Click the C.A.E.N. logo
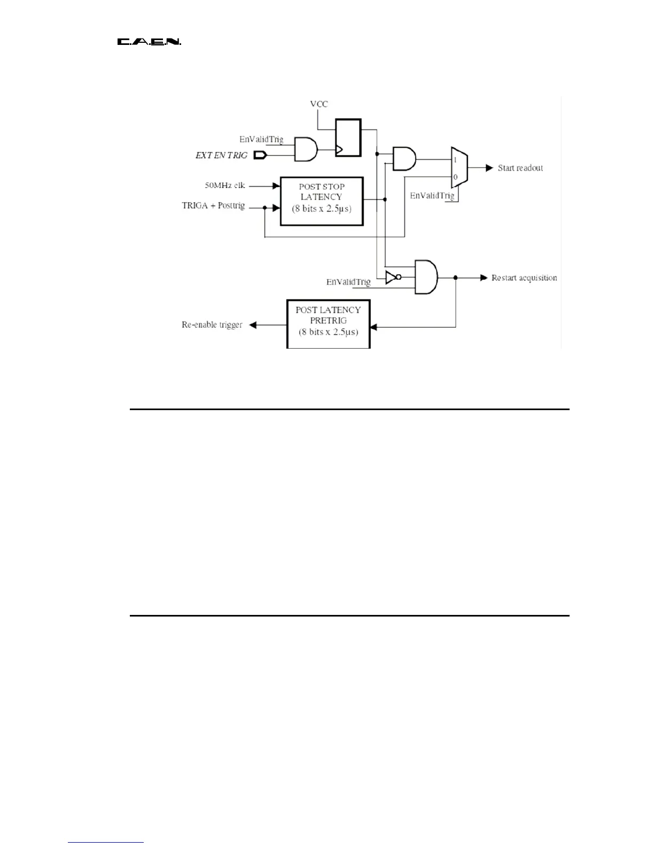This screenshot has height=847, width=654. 149,42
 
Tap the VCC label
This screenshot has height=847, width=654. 318,104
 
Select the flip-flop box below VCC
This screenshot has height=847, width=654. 348,137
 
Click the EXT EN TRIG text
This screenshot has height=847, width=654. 221,156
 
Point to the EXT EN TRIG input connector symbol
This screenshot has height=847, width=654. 260,156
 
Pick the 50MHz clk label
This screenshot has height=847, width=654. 225,186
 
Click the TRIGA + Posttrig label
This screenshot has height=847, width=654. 213,206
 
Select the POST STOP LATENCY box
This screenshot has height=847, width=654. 322,201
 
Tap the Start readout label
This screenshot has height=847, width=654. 520,168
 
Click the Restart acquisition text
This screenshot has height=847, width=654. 524,278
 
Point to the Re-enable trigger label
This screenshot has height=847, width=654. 212,325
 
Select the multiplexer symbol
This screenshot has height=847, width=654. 459,167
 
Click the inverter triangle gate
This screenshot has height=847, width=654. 392,278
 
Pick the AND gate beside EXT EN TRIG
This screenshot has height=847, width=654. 306,149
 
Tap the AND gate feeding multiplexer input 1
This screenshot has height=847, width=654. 404,159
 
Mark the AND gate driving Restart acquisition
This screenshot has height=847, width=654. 426,277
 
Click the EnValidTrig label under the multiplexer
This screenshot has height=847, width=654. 432,196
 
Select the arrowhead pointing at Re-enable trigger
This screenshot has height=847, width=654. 253,325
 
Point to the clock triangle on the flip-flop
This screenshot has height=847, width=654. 339,150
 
